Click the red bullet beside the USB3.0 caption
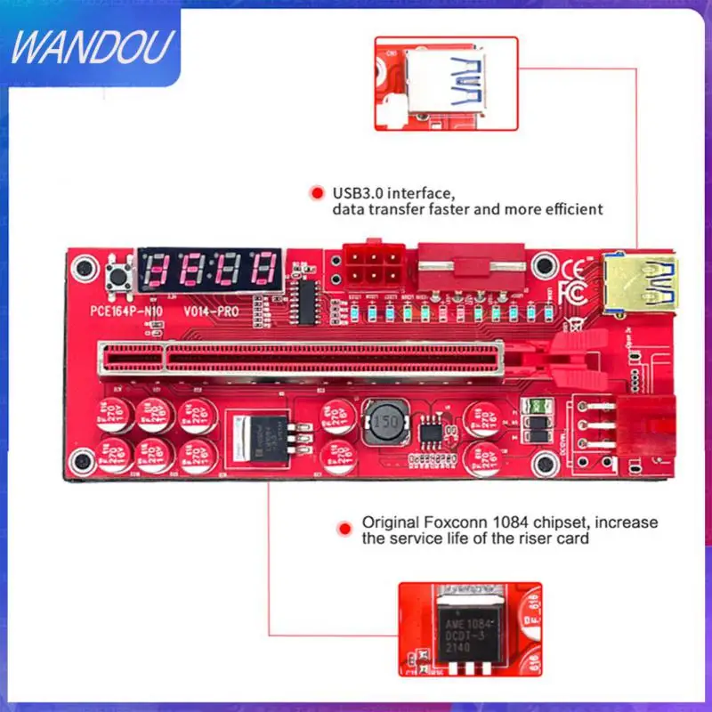tap(315, 192)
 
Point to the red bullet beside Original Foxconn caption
tap(342, 530)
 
